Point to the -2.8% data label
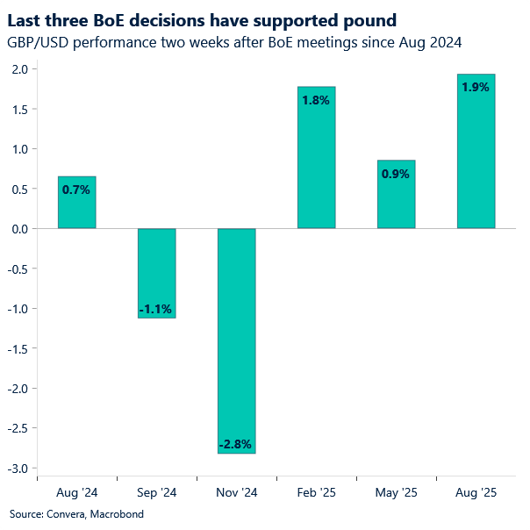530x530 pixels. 237,445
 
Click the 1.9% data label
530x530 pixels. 476,87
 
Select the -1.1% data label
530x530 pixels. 157,309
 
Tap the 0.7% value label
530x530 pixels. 76,190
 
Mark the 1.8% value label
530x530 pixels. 316,100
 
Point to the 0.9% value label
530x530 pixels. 396,174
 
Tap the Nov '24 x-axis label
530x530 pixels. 237,493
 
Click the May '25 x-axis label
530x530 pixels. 396,493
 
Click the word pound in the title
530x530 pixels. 368,20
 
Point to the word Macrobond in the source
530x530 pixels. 117,514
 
